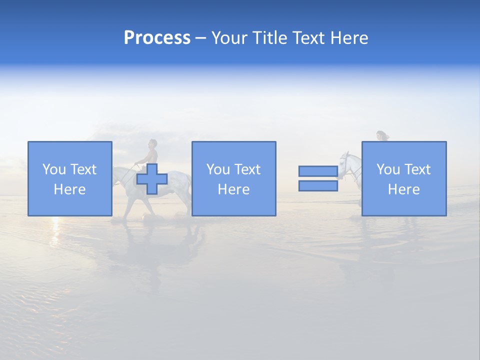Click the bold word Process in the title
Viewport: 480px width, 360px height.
157,38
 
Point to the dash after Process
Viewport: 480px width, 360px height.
200,38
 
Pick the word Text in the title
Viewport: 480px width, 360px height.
307,38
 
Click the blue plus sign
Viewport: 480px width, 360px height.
152,179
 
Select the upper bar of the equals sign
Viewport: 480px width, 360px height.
318,171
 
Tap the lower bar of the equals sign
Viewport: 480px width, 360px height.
318,186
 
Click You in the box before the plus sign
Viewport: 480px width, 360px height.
54,169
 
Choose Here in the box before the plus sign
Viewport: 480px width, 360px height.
69,189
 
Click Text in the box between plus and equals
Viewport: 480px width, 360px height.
247,169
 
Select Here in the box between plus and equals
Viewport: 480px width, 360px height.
233,189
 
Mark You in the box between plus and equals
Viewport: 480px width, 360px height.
218,169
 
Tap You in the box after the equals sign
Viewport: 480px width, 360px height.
388,169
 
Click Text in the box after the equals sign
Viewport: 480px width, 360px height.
417,169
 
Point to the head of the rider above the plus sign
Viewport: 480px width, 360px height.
152,144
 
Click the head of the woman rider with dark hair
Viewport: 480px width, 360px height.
381,135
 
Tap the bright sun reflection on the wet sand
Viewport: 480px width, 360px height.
55,222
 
